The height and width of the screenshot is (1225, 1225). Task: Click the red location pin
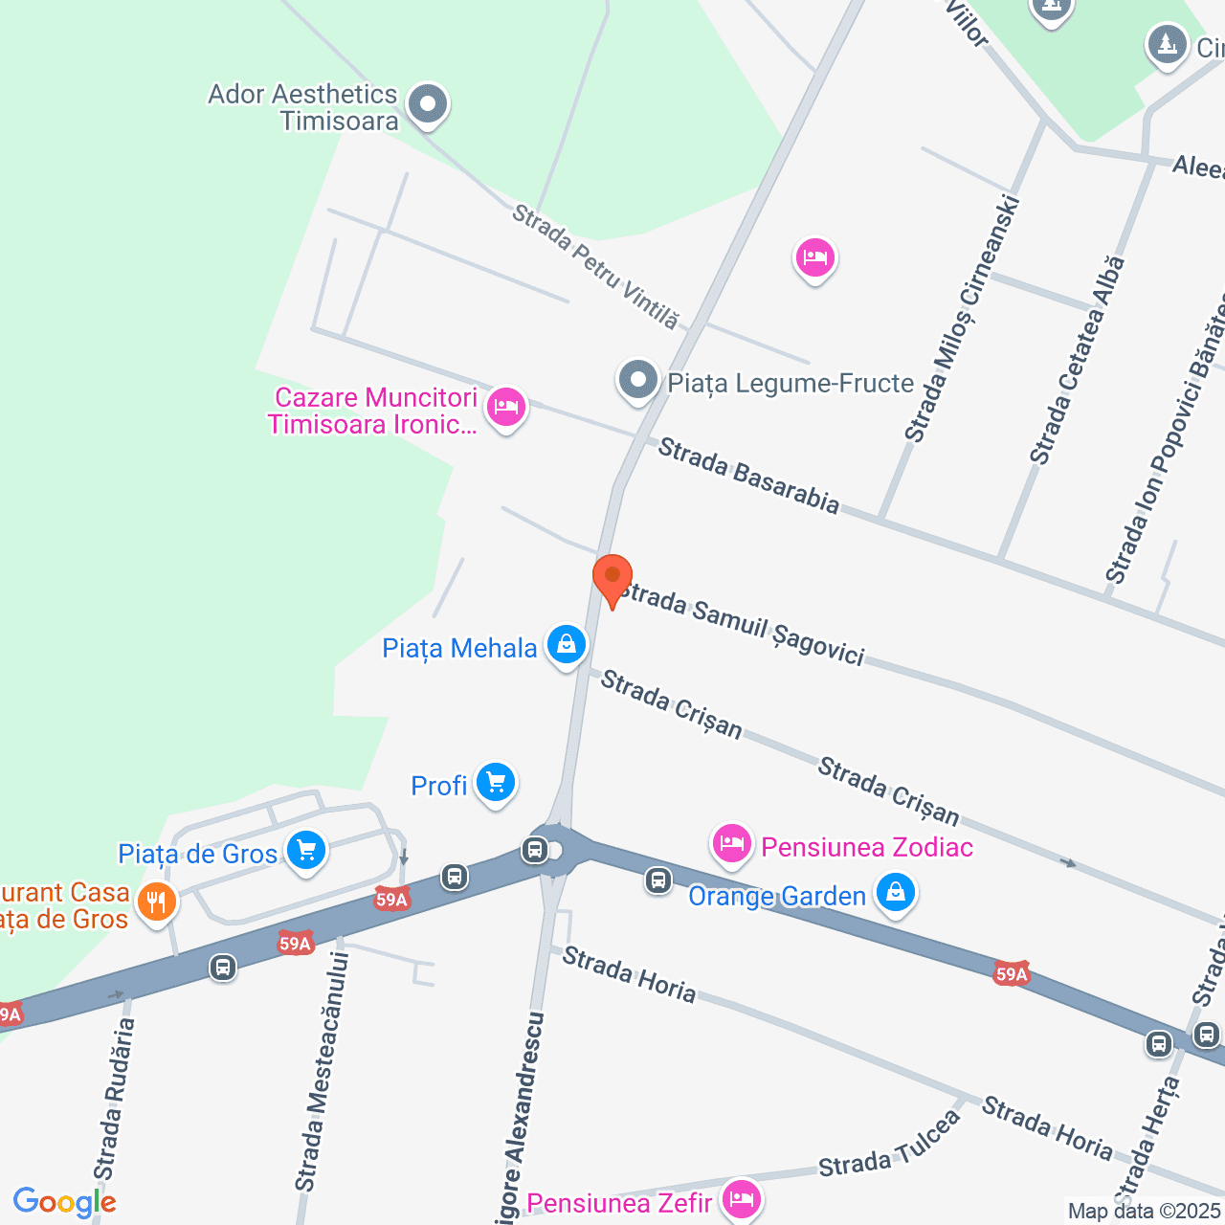pyautogui.click(x=612, y=578)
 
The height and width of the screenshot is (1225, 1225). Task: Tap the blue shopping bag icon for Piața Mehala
pyautogui.click(x=567, y=645)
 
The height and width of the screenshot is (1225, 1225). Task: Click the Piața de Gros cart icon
pyautogui.click(x=306, y=850)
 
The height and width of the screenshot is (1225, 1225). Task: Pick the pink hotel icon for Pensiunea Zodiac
pyautogui.click(x=732, y=844)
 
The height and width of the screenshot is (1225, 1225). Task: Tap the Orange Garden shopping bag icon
pyautogui.click(x=896, y=893)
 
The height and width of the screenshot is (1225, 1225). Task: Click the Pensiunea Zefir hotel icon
pyautogui.click(x=742, y=1198)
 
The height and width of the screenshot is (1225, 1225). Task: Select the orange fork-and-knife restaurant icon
pyautogui.click(x=156, y=902)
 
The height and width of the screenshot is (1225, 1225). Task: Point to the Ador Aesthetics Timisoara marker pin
pyautogui.click(x=428, y=104)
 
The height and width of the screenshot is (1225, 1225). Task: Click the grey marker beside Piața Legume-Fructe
pyautogui.click(x=638, y=381)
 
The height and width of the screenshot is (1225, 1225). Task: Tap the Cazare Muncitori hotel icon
pyautogui.click(x=506, y=409)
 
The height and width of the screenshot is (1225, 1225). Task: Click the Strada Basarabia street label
pyautogui.click(x=748, y=475)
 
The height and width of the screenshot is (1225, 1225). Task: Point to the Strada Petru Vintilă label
pyautogui.click(x=595, y=267)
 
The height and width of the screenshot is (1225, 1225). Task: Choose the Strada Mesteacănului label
pyautogui.click(x=323, y=1072)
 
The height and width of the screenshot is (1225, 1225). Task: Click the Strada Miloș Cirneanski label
pyautogui.click(x=963, y=319)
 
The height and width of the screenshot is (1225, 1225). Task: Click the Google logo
pyautogui.click(x=64, y=1202)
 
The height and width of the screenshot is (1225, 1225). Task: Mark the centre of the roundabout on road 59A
pyautogui.click(x=555, y=850)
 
